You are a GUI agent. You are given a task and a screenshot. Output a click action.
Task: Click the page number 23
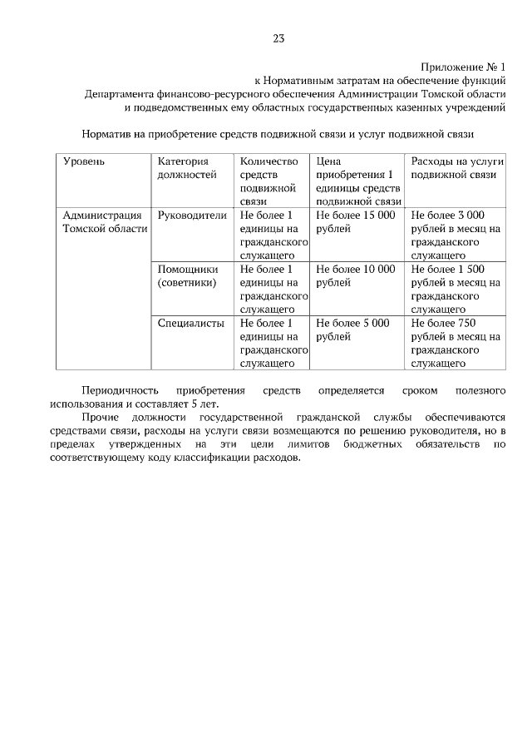pyautogui.click(x=278, y=38)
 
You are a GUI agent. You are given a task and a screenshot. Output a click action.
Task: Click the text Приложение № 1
pyautogui.click(x=463, y=67)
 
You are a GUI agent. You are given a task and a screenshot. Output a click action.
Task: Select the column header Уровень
pyautogui.click(x=84, y=161)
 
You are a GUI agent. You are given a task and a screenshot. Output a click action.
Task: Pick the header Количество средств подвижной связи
pyautogui.click(x=268, y=181)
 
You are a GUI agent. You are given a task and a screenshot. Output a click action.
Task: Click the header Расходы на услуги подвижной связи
pyautogui.click(x=453, y=168)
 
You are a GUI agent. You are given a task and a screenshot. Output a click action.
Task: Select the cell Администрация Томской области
pyautogui.click(x=104, y=221)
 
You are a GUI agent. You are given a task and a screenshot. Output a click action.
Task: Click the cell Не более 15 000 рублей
pyautogui.click(x=355, y=221)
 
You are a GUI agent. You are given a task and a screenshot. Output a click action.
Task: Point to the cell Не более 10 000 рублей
pyautogui.click(x=355, y=275)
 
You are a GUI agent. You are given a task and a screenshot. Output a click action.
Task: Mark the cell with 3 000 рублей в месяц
pyautogui.click(x=455, y=235)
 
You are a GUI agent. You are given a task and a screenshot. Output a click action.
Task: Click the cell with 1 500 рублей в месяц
pyautogui.click(x=455, y=289)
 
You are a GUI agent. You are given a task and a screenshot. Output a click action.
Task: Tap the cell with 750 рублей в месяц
pyautogui.click(x=455, y=343)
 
